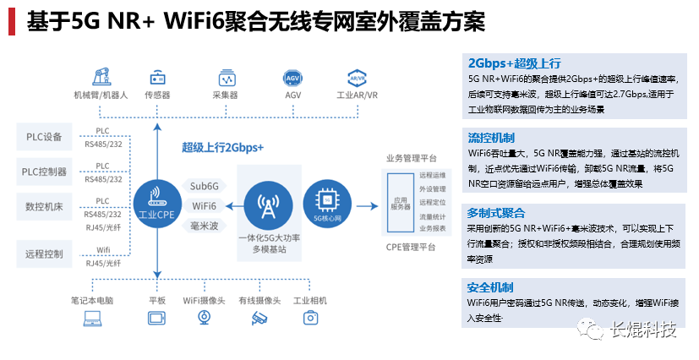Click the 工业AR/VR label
click(358, 95)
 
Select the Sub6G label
click(205, 186)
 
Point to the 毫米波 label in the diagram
click(205, 226)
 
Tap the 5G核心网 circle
click(325, 202)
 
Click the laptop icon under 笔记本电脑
click(91, 318)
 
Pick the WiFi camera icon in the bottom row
click(205, 318)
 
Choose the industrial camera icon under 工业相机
click(311, 318)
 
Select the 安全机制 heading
click(490, 286)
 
